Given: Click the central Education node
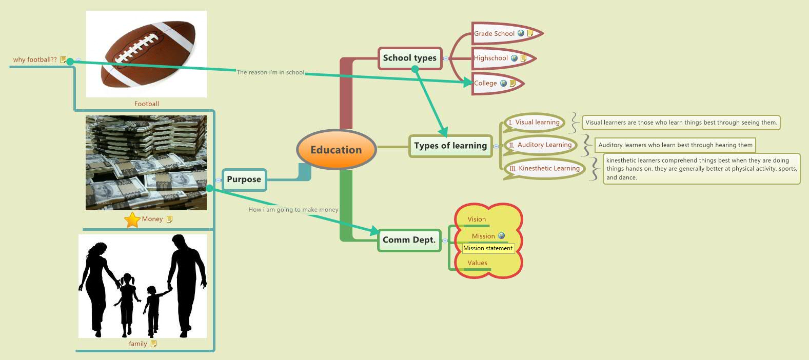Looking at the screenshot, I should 336,150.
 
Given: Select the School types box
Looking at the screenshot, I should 409,58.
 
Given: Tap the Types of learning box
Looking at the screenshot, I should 450,146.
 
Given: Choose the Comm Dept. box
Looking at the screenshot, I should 409,240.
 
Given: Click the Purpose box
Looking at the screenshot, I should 244,179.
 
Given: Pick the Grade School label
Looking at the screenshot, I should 494,34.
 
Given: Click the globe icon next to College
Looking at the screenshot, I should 503,83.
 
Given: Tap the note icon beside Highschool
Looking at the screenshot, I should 523,58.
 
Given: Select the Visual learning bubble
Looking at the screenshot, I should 537,123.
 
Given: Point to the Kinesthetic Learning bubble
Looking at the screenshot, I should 548,168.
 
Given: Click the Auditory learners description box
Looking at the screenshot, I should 675,145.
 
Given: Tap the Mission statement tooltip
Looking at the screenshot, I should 488,248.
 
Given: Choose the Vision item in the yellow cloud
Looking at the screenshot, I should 477,219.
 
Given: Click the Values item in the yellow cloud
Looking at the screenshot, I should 477,263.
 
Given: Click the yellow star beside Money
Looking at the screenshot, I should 132,219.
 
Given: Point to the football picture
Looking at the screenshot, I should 147,53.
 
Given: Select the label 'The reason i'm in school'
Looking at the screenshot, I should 270,72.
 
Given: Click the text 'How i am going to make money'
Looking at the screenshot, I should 293,210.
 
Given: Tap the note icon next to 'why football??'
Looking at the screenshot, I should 63,60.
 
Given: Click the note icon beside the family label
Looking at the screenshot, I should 153,344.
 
